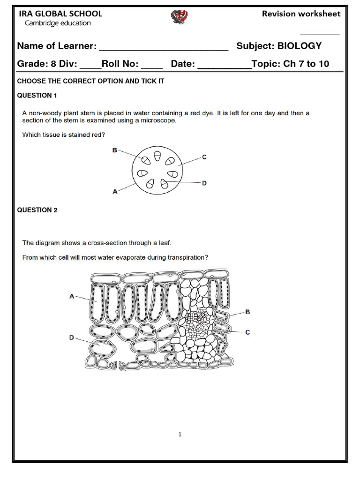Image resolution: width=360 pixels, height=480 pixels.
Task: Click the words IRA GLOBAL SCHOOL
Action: (x=60, y=14)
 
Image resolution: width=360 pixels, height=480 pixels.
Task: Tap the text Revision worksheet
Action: (x=301, y=14)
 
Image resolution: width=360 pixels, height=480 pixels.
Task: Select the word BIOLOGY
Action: (x=300, y=46)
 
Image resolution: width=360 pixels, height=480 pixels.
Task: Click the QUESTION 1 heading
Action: (x=37, y=96)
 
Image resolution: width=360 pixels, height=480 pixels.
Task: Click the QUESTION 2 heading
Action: (x=37, y=210)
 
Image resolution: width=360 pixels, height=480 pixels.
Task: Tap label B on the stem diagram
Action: (x=114, y=150)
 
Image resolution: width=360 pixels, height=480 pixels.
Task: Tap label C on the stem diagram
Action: (x=204, y=157)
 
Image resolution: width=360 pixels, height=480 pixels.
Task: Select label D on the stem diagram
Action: (x=204, y=183)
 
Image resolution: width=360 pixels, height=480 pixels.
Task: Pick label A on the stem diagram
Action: (x=115, y=191)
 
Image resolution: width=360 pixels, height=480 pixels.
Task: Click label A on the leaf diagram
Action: (x=72, y=296)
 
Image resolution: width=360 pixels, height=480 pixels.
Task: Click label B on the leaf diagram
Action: (x=247, y=311)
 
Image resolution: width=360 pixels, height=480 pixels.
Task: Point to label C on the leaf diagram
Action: (x=247, y=332)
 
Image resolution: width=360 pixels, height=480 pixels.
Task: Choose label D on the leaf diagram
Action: (x=72, y=337)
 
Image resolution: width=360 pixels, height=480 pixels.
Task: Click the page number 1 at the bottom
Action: (x=180, y=435)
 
